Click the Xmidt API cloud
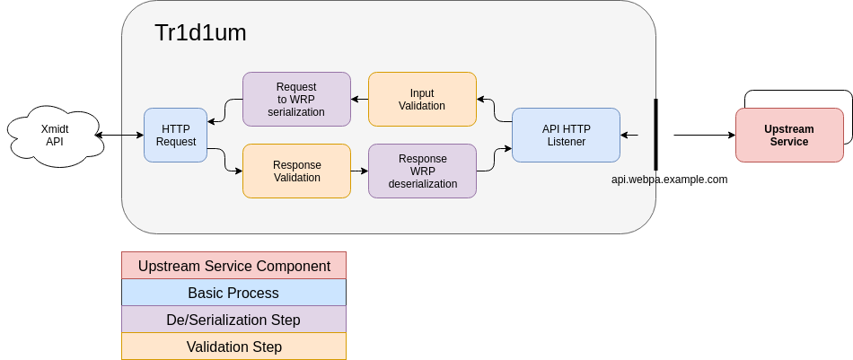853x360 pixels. click(x=55, y=136)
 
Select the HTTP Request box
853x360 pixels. click(x=176, y=135)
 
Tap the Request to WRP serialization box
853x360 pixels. click(x=296, y=99)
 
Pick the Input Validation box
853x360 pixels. click(x=422, y=99)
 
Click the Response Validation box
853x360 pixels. click(x=296, y=171)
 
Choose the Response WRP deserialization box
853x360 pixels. click(x=422, y=171)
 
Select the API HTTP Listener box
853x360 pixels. click(x=566, y=135)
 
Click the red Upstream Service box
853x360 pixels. click(x=789, y=135)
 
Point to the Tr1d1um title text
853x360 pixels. click(x=200, y=32)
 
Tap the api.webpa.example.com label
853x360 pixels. click(x=669, y=180)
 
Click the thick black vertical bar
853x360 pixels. click(x=655, y=135)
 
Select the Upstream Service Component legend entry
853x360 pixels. click(x=234, y=266)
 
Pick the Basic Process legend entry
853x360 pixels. click(x=234, y=293)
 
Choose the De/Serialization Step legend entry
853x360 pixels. click(x=234, y=320)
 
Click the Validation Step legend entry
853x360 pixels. click(x=234, y=347)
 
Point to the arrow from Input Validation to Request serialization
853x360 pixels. click(x=359, y=99)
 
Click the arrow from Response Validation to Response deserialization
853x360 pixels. click(x=359, y=171)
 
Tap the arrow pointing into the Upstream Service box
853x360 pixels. click(x=705, y=135)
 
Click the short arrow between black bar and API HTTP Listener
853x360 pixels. click(x=629, y=135)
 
